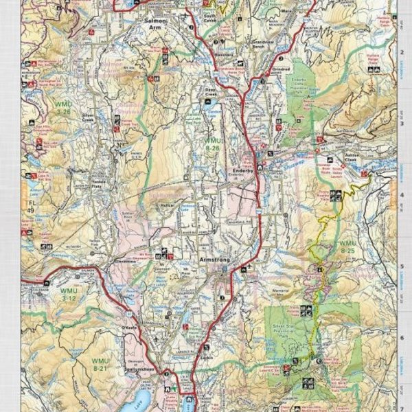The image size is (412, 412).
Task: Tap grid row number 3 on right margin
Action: tap(401, 124)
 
